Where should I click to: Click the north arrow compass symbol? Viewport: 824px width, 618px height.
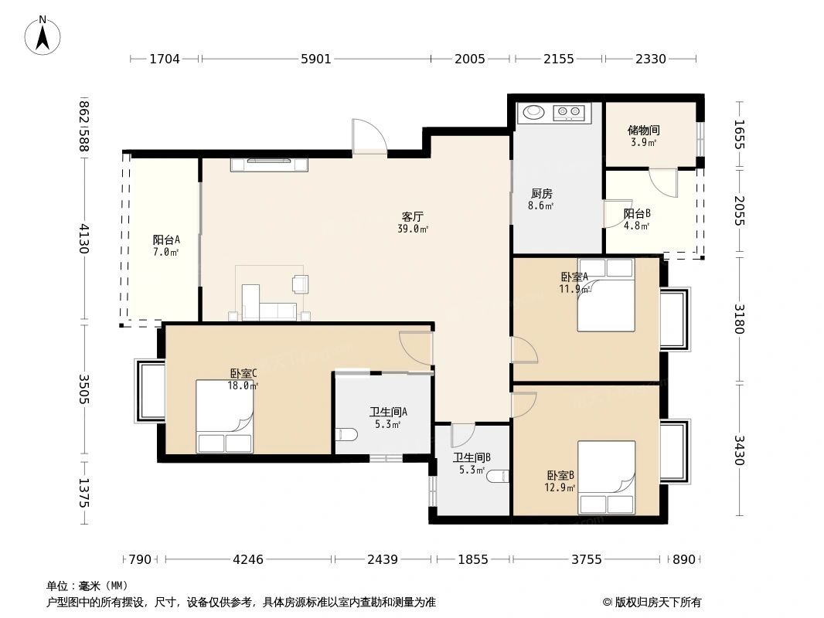(x=43, y=36)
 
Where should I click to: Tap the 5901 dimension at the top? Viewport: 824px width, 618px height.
(x=316, y=59)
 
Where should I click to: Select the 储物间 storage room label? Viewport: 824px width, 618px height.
(x=643, y=130)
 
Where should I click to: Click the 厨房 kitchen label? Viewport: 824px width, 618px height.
(x=541, y=194)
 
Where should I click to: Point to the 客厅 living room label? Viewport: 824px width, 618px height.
(x=413, y=216)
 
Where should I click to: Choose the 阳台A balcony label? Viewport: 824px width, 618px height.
(x=166, y=240)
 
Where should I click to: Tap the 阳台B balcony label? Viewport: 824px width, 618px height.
(x=637, y=214)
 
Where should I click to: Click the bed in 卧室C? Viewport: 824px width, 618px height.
(x=225, y=416)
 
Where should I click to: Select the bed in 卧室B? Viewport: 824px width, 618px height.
(x=607, y=477)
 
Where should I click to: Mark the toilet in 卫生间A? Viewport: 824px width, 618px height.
(x=346, y=435)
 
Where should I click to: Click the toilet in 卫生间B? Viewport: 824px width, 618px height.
(x=498, y=476)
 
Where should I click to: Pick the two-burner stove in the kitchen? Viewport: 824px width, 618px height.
(x=569, y=112)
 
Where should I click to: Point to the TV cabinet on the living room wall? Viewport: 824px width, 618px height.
(x=269, y=165)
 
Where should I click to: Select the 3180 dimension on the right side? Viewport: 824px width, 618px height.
(x=738, y=319)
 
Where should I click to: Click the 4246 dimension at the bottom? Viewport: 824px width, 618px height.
(x=248, y=559)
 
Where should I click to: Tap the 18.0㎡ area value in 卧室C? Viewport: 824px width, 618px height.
(x=242, y=386)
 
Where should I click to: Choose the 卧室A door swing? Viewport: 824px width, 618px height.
(x=524, y=350)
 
